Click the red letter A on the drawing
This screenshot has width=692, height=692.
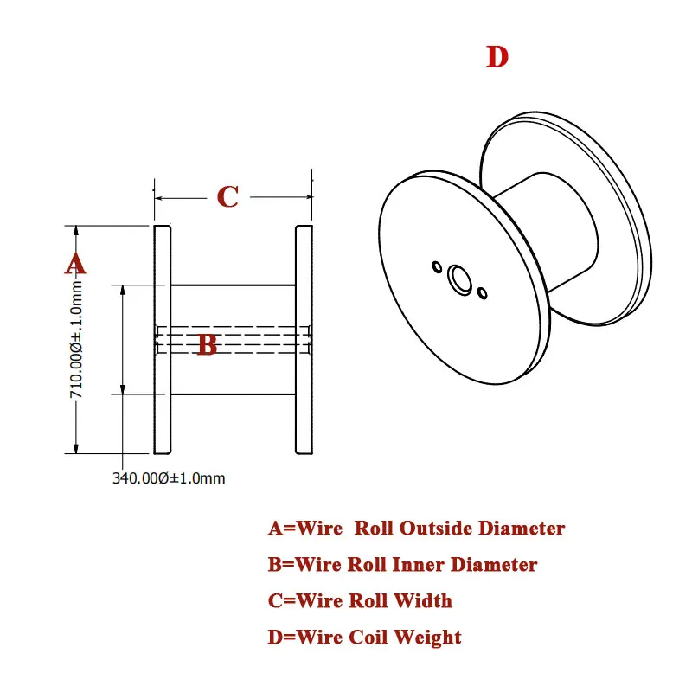tap(75, 263)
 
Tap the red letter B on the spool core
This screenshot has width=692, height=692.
tap(207, 344)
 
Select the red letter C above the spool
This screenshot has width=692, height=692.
tap(227, 197)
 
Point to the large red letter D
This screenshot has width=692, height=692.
tap(497, 58)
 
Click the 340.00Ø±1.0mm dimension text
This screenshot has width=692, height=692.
tap(168, 477)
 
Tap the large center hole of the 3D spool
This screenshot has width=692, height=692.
tap(459, 279)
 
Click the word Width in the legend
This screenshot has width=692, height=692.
tap(423, 600)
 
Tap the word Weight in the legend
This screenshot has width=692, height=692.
tap(428, 638)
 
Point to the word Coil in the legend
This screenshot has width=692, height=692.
tap(369, 638)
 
